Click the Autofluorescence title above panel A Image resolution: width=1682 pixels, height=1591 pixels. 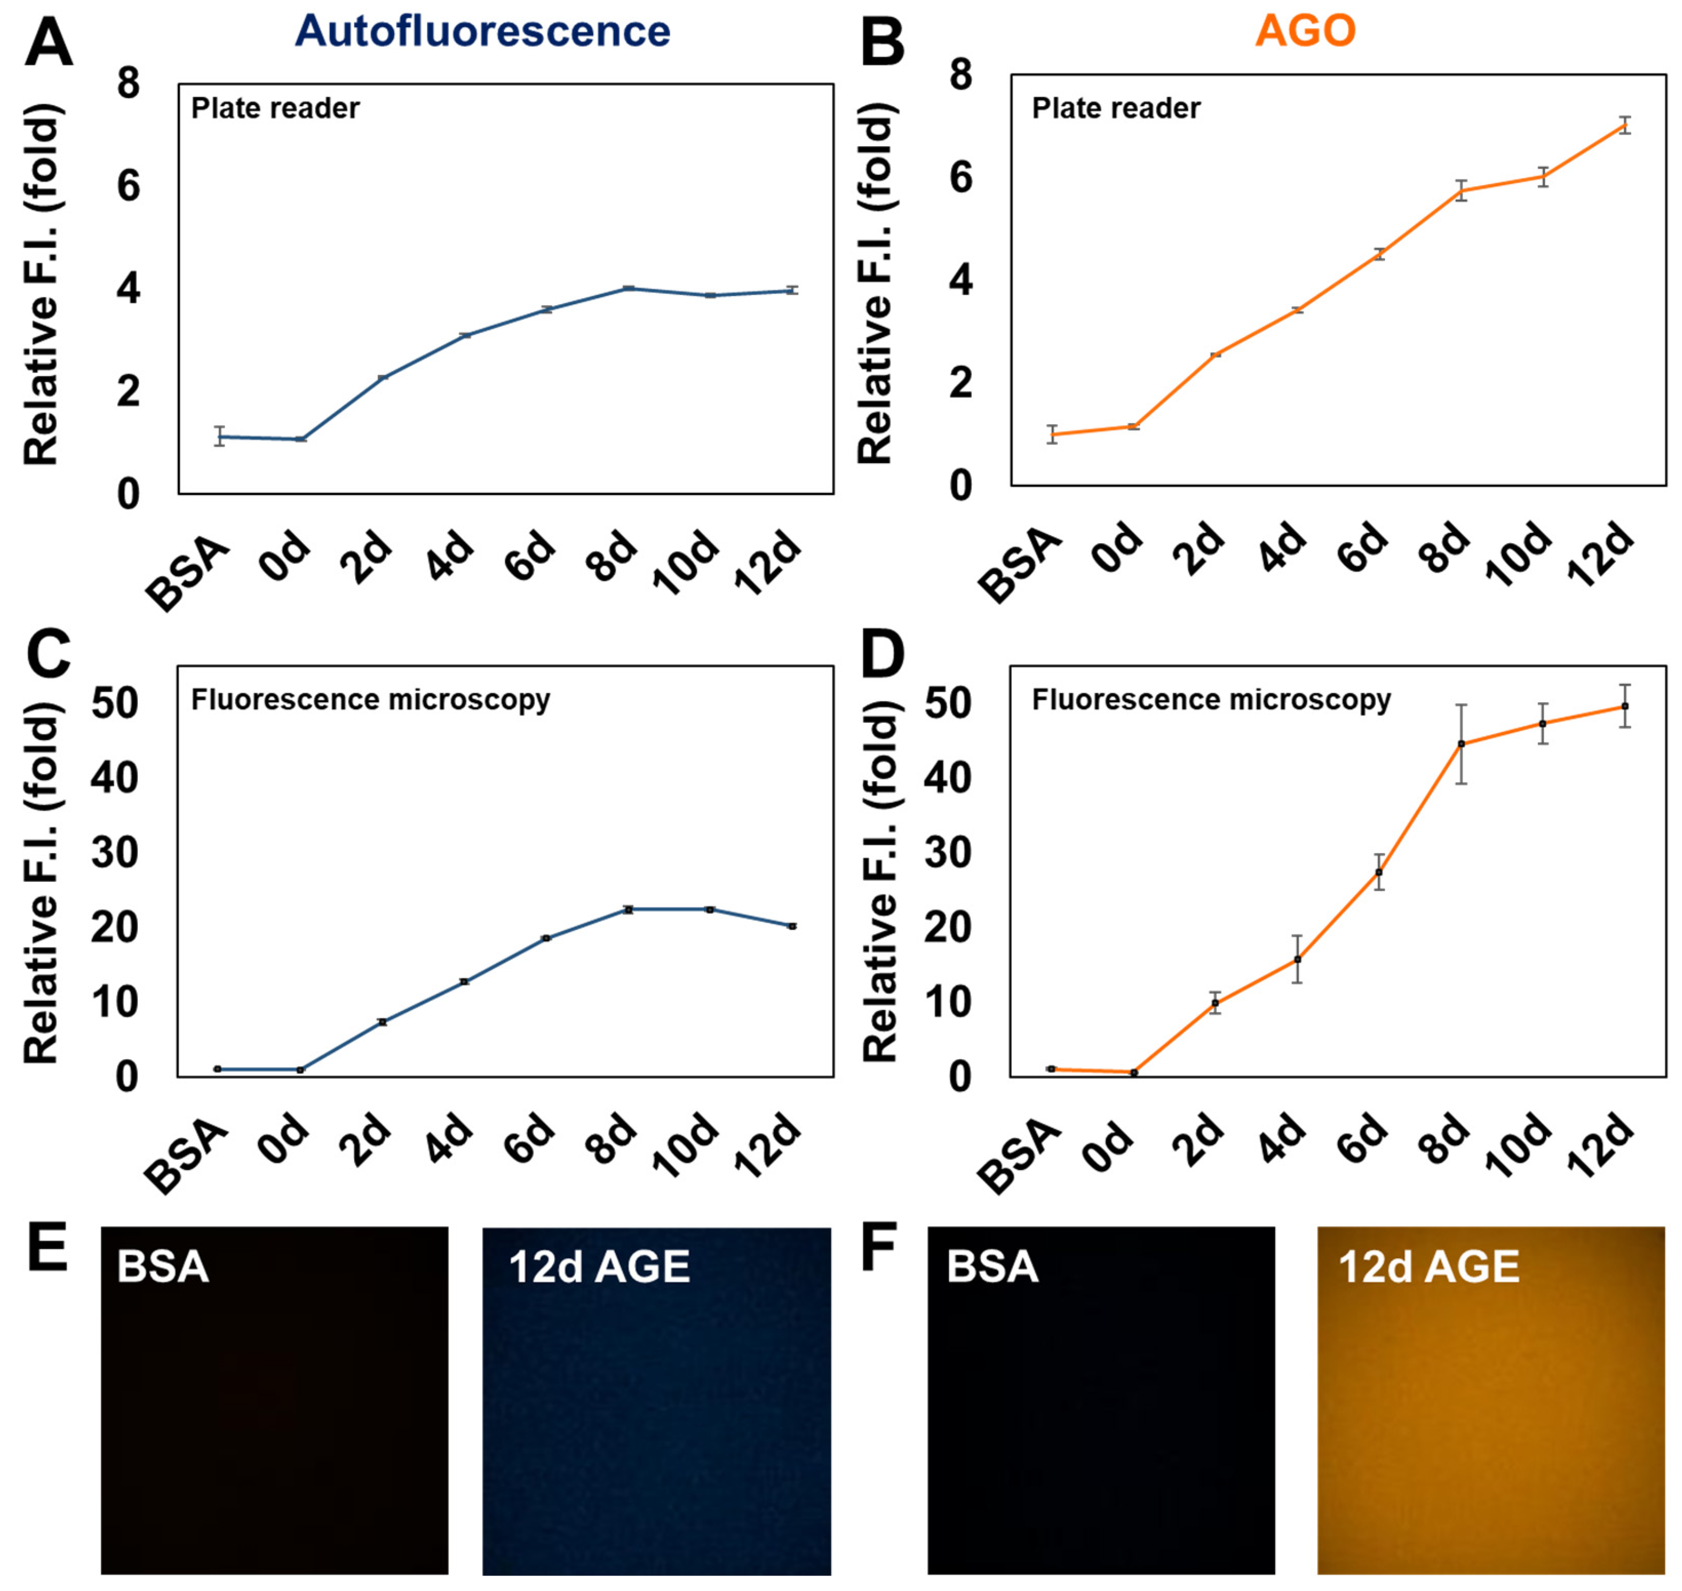(x=483, y=31)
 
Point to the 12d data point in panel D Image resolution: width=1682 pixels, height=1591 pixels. (x=1625, y=706)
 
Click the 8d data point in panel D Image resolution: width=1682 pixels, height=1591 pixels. (x=1461, y=744)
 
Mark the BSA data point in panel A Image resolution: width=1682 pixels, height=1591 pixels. (x=219, y=437)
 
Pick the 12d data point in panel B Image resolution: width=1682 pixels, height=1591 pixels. (x=1625, y=126)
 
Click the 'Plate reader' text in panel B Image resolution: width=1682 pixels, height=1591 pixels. (x=1116, y=109)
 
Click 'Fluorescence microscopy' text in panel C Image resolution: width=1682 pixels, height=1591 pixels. (x=370, y=700)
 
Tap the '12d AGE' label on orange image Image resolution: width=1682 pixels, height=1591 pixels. (x=1429, y=1267)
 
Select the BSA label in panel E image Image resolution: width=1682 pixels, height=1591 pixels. (x=163, y=1267)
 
